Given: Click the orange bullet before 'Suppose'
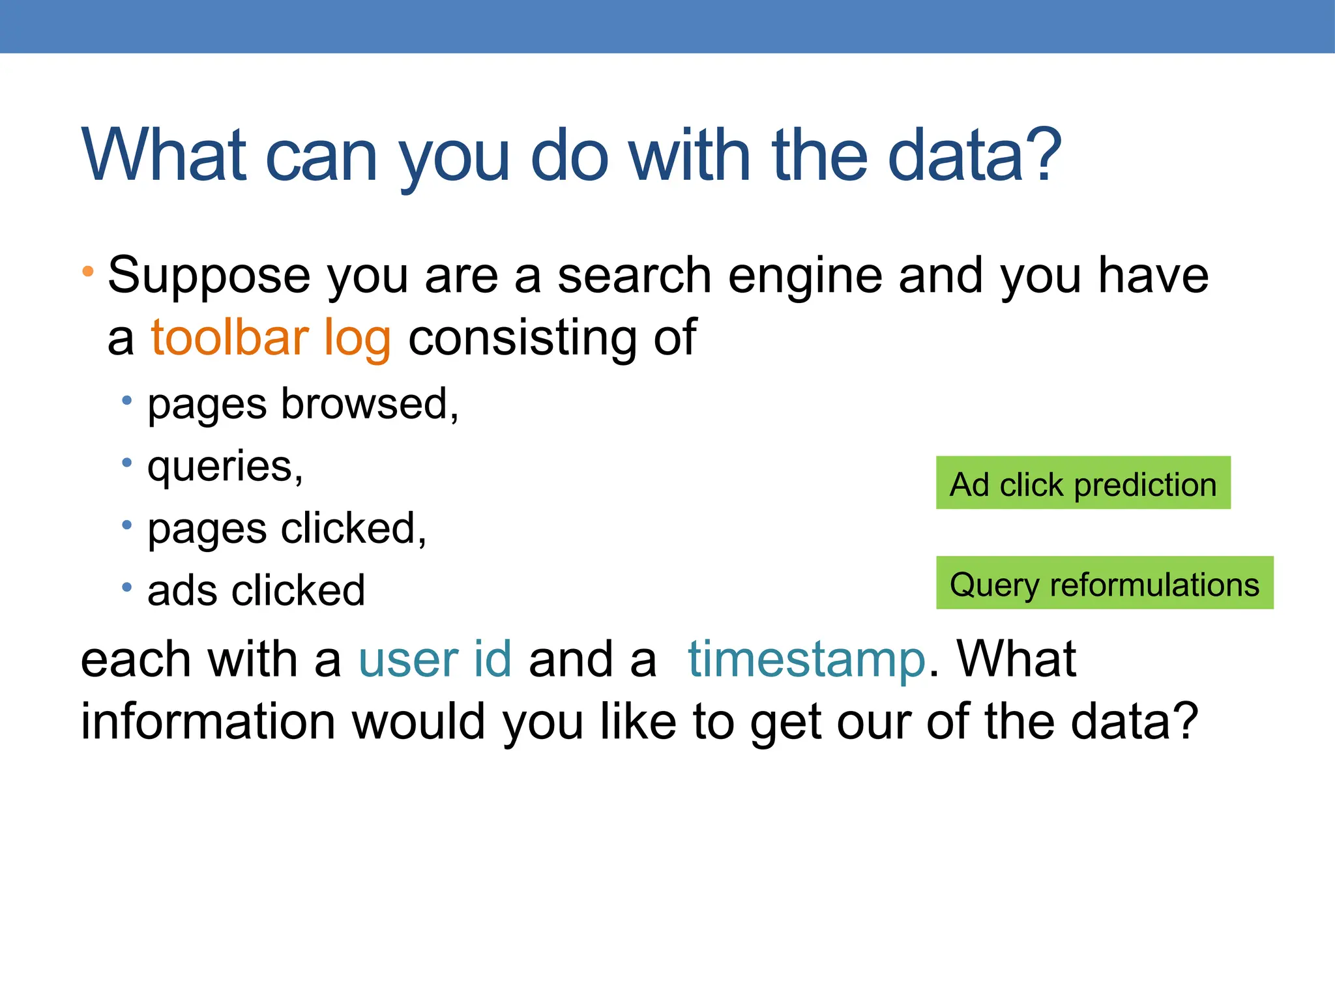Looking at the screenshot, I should point(88,270).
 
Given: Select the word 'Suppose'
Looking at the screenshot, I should point(209,276).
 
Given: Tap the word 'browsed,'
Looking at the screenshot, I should point(370,404).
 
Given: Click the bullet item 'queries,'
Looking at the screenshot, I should point(225,467).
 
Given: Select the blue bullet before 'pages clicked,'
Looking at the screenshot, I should point(127,525).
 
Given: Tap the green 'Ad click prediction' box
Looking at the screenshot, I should point(1083,483).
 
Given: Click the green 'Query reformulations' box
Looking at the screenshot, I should point(1104,583).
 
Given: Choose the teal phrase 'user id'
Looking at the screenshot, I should point(435,659).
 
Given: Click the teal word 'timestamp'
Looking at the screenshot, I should point(806,659).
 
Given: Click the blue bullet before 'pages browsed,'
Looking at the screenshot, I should point(127,400).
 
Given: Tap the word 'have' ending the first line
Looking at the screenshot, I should point(1153,276).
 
